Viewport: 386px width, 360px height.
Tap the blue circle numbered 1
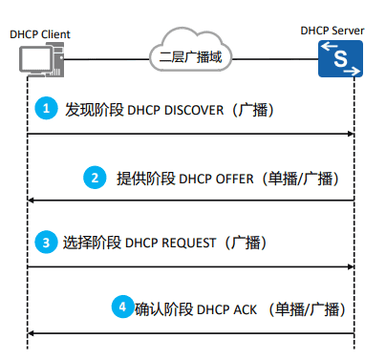tap(45, 110)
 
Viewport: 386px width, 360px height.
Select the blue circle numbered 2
tap(119, 178)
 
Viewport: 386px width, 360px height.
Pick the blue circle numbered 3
tap(45, 243)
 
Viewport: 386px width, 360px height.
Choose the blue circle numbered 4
tap(120, 307)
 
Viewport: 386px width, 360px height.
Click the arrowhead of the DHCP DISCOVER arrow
tap(351, 134)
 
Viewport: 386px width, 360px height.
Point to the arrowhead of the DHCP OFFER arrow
tap(31, 200)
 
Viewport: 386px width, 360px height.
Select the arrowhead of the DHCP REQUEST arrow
tap(351, 266)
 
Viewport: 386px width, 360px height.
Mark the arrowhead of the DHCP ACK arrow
tap(31, 332)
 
